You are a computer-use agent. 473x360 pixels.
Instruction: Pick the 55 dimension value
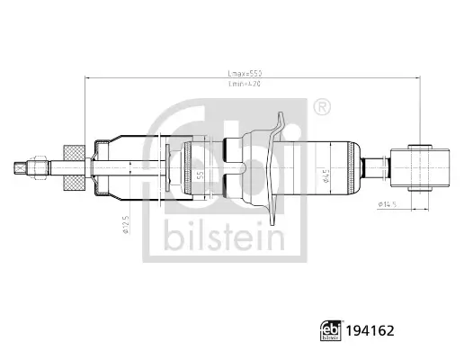[201, 167]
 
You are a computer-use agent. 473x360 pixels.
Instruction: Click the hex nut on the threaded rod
[40, 166]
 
